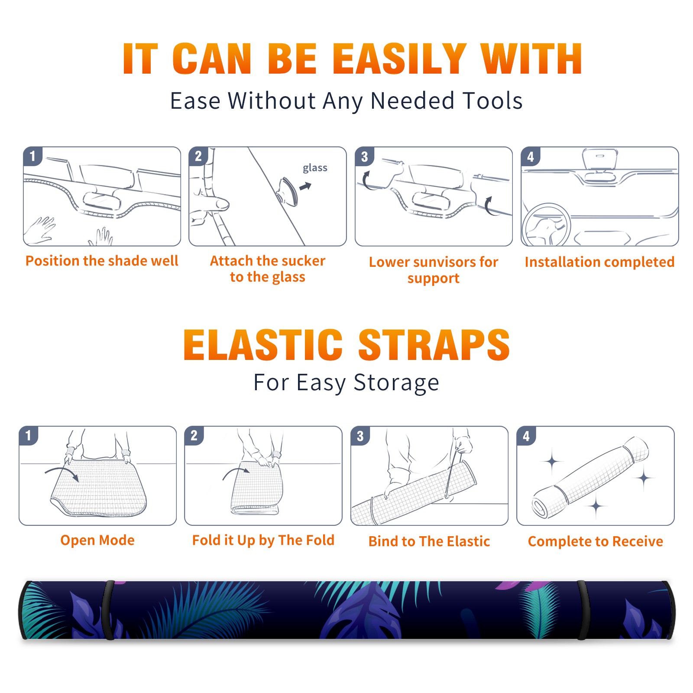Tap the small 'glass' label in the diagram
click(x=315, y=168)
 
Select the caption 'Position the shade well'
click(x=102, y=261)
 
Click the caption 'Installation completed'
click(x=599, y=262)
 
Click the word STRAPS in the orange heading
click(x=434, y=345)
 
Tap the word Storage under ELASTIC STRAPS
click(x=396, y=383)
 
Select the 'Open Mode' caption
click(x=97, y=540)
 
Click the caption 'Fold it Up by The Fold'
click(x=263, y=540)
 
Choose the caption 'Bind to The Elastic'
click(x=429, y=541)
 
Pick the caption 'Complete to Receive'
click(x=596, y=541)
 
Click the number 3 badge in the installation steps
click(x=364, y=157)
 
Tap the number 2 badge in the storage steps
click(x=194, y=435)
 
